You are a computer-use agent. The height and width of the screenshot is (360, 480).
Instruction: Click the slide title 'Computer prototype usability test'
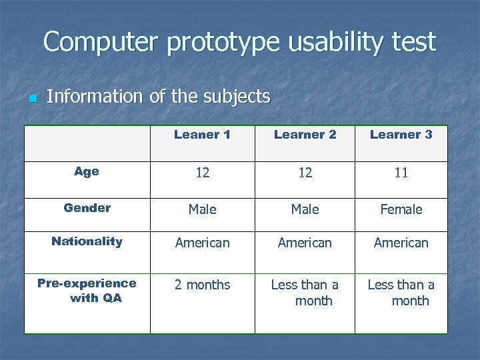tap(239, 42)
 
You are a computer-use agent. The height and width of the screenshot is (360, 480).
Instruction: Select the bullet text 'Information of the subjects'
tap(159, 97)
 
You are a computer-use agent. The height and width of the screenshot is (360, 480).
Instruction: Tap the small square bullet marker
tap(31, 99)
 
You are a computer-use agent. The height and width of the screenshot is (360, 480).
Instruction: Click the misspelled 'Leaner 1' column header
tap(202, 135)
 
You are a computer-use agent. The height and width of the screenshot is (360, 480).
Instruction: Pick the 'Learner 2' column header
tap(305, 135)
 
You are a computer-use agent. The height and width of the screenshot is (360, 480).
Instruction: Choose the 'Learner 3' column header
tap(401, 135)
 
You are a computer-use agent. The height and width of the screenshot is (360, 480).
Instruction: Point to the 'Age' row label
tap(87, 172)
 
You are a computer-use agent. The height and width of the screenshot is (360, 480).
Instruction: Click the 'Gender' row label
tap(87, 208)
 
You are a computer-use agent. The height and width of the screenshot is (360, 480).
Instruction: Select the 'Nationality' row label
tap(87, 242)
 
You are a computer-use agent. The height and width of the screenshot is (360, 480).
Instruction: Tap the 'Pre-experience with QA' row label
tap(87, 291)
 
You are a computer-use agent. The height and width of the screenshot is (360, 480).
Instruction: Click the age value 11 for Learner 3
tap(401, 173)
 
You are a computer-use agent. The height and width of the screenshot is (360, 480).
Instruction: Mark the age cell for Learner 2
tap(305, 173)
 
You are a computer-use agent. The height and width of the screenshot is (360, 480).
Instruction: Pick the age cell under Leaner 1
tap(202, 173)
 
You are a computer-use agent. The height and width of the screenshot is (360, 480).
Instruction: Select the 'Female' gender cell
tap(401, 209)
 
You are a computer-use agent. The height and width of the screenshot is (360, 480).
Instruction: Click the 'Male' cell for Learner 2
tap(305, 209)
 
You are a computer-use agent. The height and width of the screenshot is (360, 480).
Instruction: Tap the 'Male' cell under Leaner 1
tap(202, 209)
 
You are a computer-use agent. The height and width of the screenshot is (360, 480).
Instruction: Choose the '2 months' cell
tap(202, 285)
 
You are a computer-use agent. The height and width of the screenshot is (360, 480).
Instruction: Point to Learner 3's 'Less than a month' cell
tap(401, 293)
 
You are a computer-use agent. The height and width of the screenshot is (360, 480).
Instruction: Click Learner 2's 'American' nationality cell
tap(305, 243)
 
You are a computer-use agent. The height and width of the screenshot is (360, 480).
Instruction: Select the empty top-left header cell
tap(87, 143)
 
